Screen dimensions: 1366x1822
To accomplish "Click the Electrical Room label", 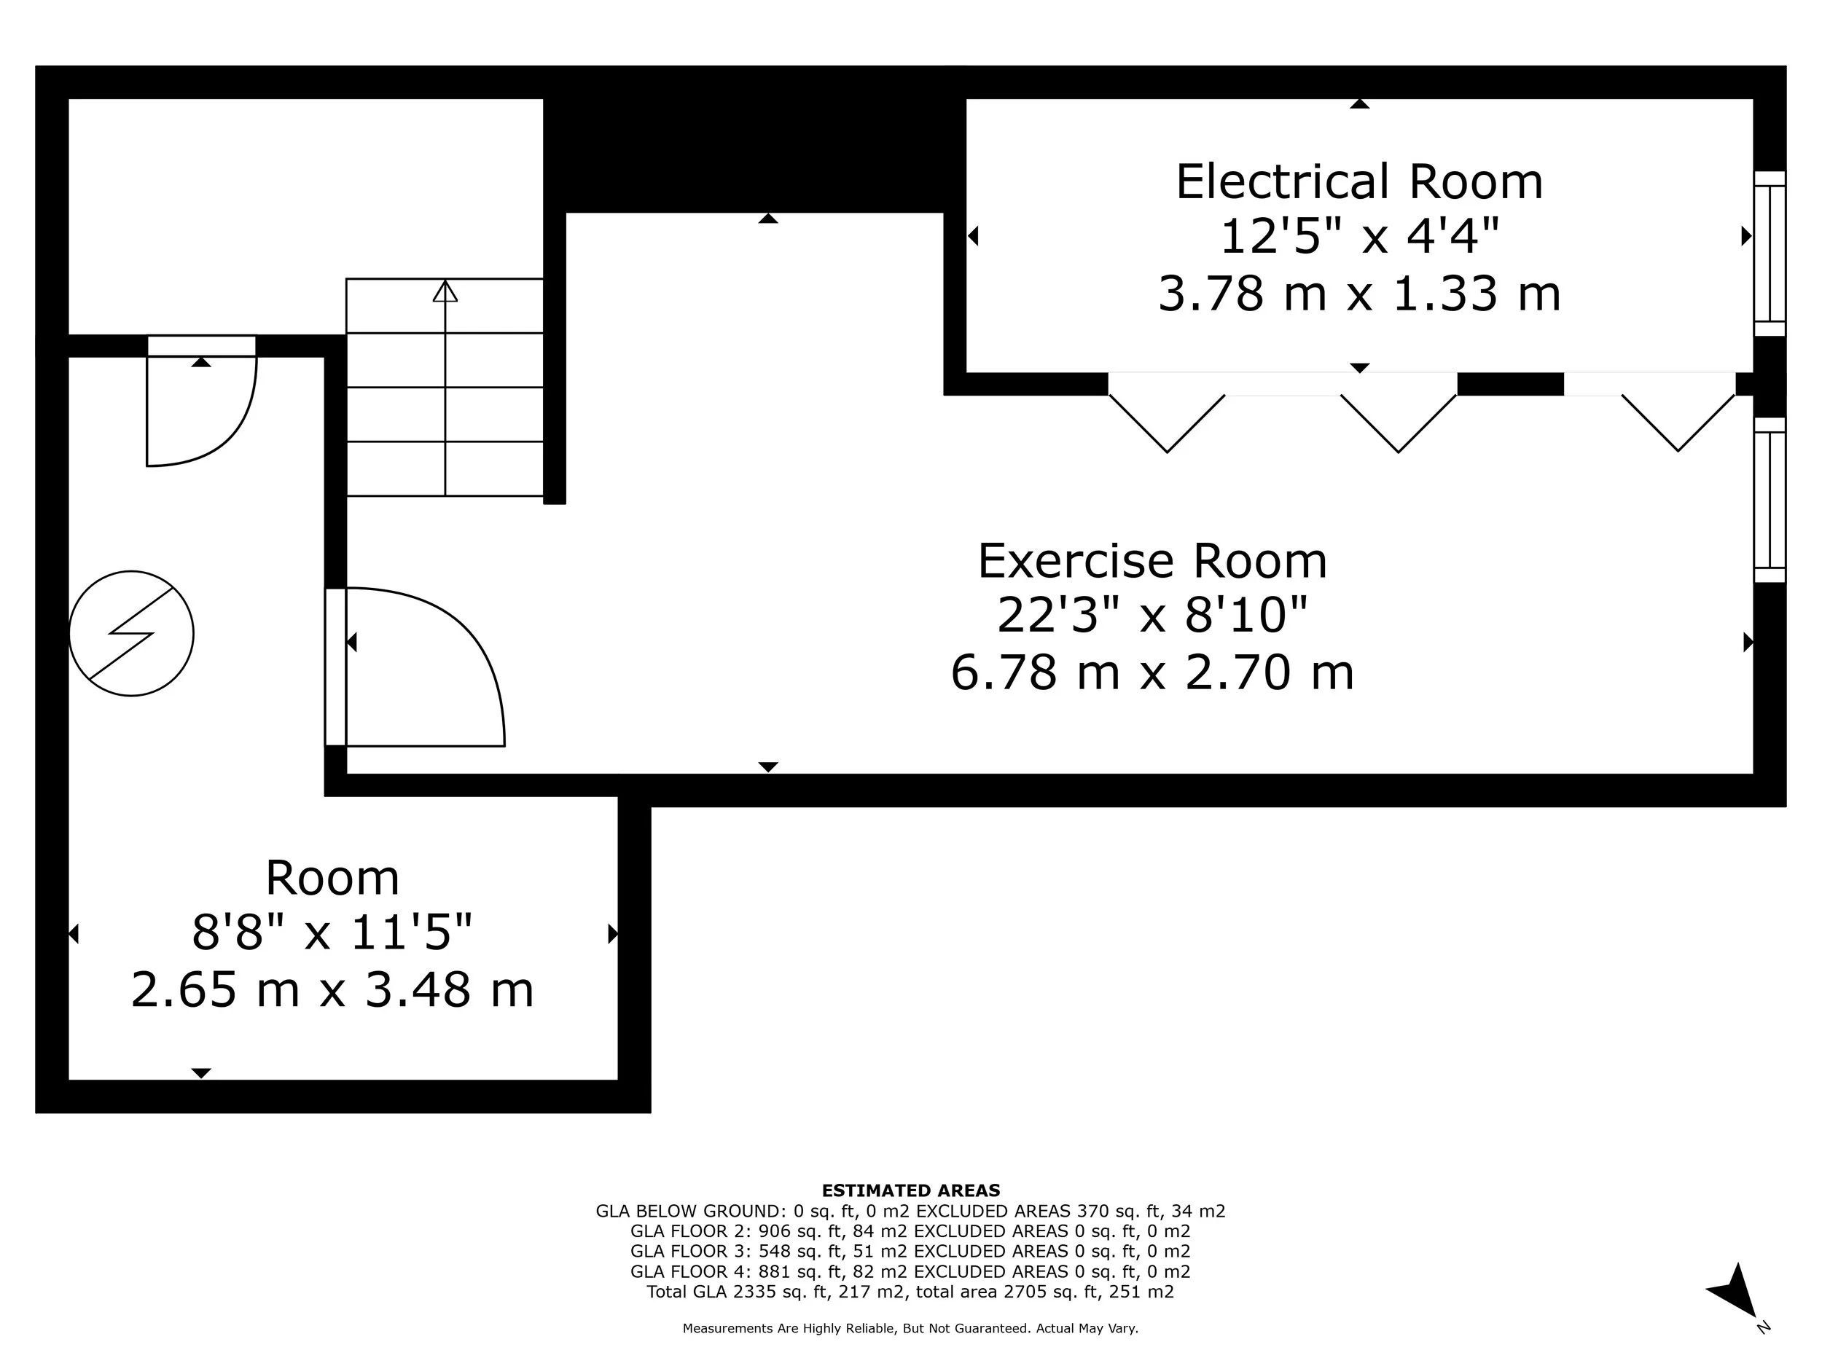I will pos(1359,181).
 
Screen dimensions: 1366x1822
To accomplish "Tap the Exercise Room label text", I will pos(1152,561).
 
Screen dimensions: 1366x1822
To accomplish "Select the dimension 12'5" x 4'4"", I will pos(1359,236).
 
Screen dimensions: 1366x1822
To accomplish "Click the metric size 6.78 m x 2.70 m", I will pos(1152,672).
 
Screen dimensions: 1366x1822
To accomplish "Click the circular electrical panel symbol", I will pos(132,633).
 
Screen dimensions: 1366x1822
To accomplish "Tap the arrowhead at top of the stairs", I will pos(445,291).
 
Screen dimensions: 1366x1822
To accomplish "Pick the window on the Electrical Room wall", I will pos(1770,254).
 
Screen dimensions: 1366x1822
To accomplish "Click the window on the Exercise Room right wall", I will pos(1770,500).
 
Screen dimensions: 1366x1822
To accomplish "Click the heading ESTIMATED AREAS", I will pos(910,1190).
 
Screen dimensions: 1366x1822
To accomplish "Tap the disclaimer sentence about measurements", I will pos(910,1328).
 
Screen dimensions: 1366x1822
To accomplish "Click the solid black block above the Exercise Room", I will pos(754,152).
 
